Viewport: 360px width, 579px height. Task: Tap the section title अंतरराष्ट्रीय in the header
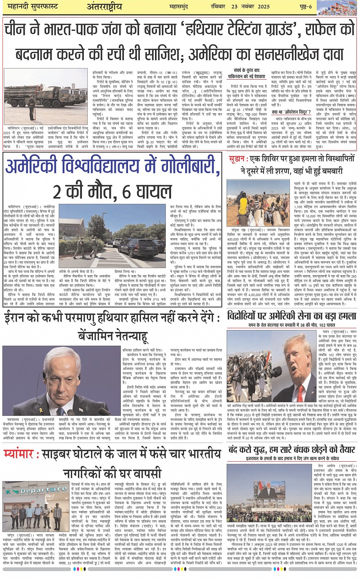(x=104, y=7)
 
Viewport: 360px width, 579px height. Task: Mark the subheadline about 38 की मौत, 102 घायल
(x=292, y=325)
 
